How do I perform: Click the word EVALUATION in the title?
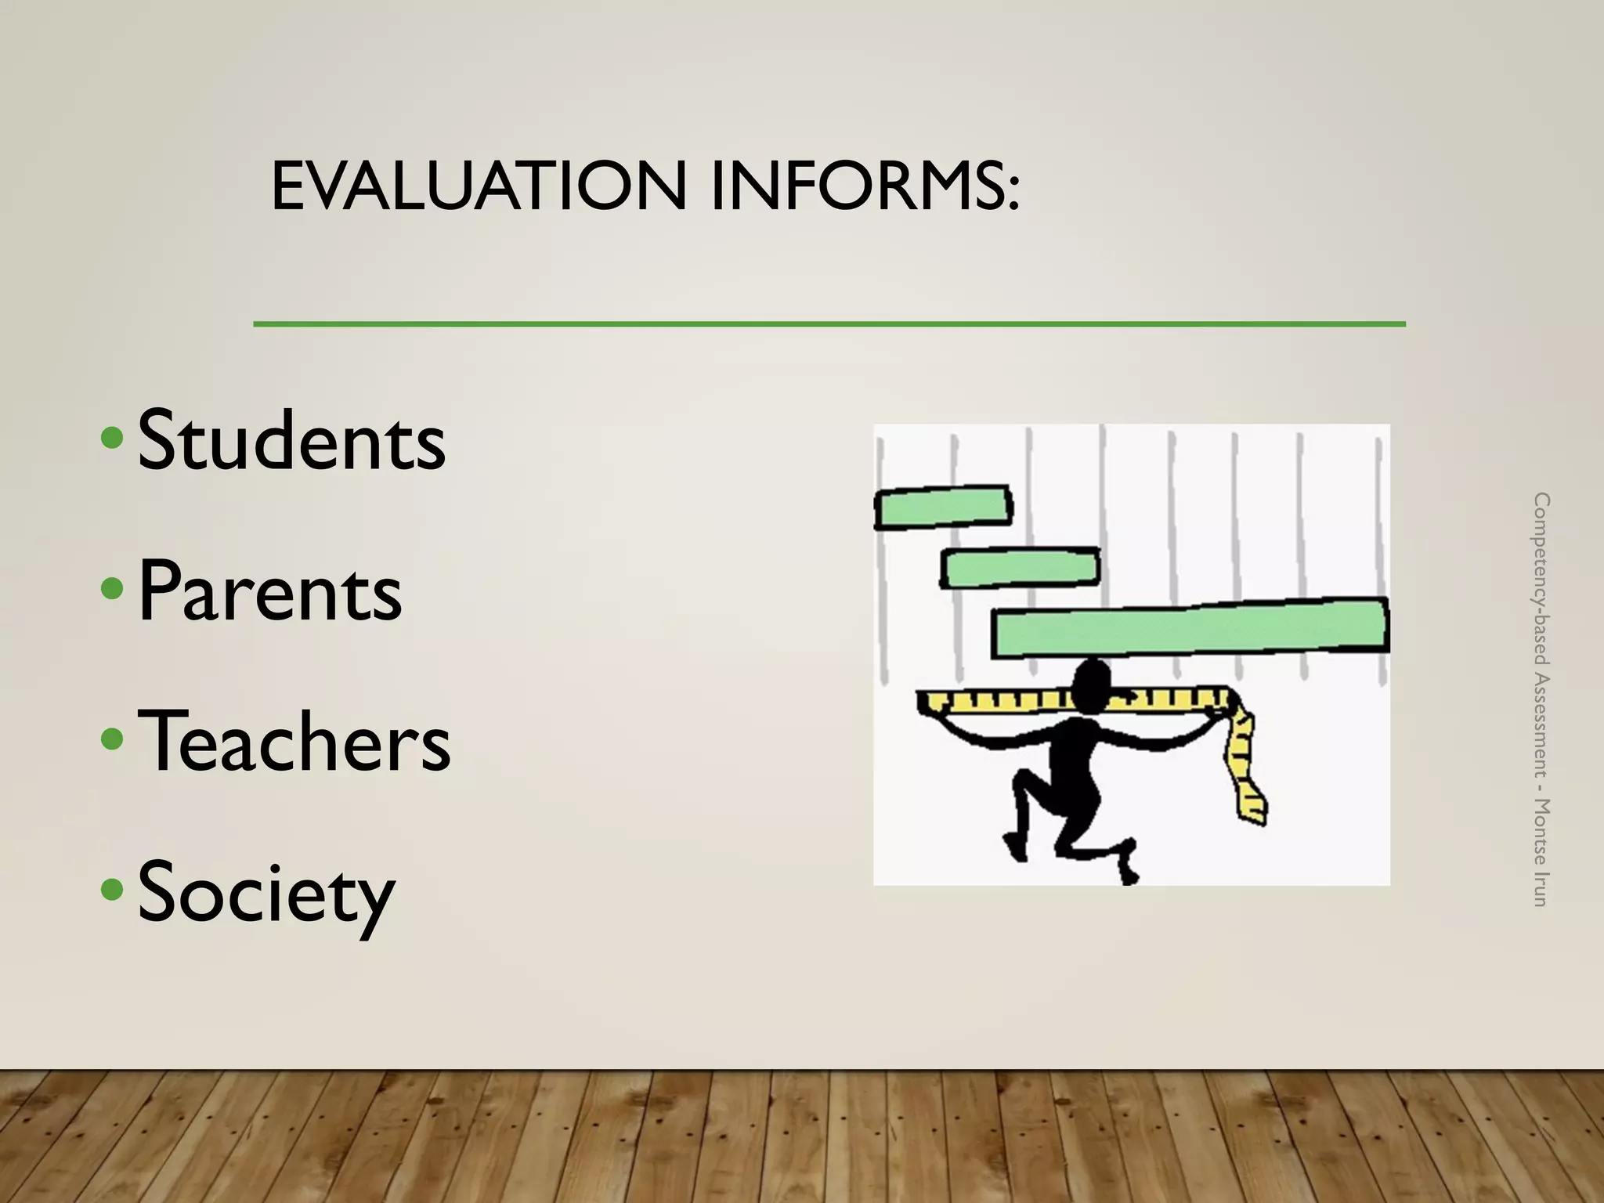(479, 186)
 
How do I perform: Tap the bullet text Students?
(291, 440)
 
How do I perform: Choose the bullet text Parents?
(269, 591)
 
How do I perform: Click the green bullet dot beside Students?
(113, 438)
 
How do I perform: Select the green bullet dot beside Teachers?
(113, 738)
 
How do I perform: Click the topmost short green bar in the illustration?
(942, 507)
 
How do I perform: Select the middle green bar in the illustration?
(1020, 567)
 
